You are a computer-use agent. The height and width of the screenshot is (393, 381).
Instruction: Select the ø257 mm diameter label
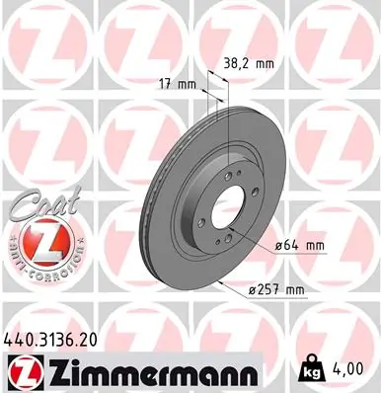pyautogui.click(x=279, y=289)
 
